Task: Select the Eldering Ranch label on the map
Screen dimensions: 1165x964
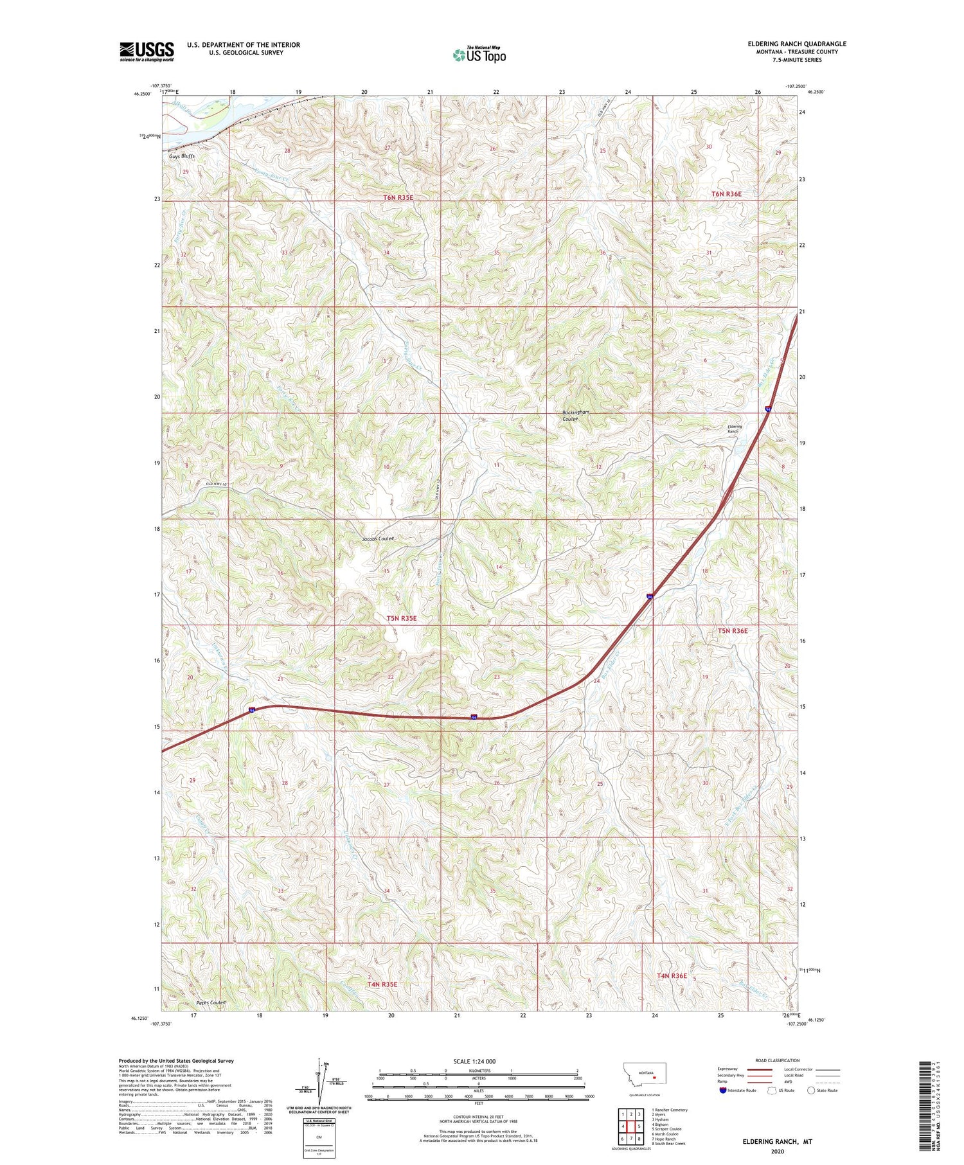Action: (x=734, y=429)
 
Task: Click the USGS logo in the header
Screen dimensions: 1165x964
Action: (x=147, y=51)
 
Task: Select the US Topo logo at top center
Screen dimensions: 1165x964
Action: (x=479, y=55)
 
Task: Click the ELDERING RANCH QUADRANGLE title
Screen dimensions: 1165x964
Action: (x=797, y=44)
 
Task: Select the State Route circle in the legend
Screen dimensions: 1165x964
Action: (x=812, y=1090)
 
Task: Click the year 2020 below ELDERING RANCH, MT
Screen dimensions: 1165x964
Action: (x=776, y=1152)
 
